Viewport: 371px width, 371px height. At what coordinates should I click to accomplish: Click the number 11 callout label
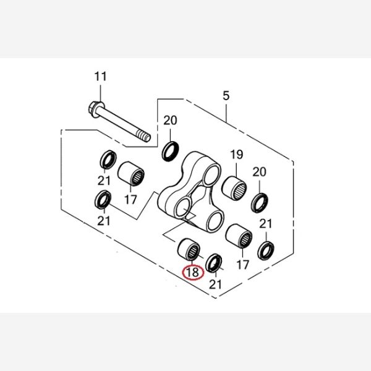(101, 77)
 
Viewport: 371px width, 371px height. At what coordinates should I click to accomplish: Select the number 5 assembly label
(226, 96)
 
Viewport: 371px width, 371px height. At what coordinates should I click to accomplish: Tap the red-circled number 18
(192, 272)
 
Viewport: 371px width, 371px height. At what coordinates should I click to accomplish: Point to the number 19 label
(237, 155)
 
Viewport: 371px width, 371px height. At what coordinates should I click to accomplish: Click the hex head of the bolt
(96, 109)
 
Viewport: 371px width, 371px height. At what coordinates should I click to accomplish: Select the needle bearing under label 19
(234, 187)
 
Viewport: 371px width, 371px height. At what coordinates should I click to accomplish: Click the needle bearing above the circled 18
(189, 249)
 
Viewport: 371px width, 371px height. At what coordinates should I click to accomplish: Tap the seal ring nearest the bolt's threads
(171, 151)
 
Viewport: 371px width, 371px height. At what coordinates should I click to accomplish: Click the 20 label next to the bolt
(171, 121)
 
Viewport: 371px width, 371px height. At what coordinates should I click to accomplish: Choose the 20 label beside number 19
(259, 172)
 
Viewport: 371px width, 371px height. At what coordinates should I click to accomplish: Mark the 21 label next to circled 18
(215, 284)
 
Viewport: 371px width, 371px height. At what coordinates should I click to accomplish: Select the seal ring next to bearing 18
(214, 263)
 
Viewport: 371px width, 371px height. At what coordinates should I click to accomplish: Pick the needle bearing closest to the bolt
(131, 173)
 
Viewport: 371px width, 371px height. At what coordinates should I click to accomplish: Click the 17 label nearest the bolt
(130, 200)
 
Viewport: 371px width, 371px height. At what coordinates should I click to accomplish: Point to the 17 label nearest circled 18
(243, 265)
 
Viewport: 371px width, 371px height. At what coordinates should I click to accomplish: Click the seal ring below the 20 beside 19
(260, 203)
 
